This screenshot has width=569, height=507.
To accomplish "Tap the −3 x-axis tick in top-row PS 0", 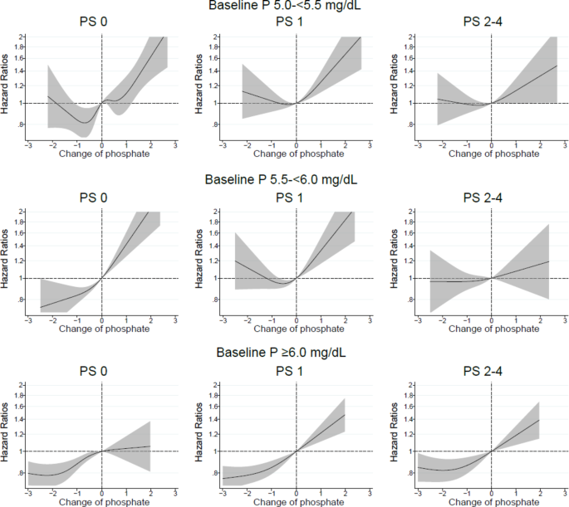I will (x=28, y=144).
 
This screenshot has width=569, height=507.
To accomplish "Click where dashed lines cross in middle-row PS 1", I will (x=297, y=278).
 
